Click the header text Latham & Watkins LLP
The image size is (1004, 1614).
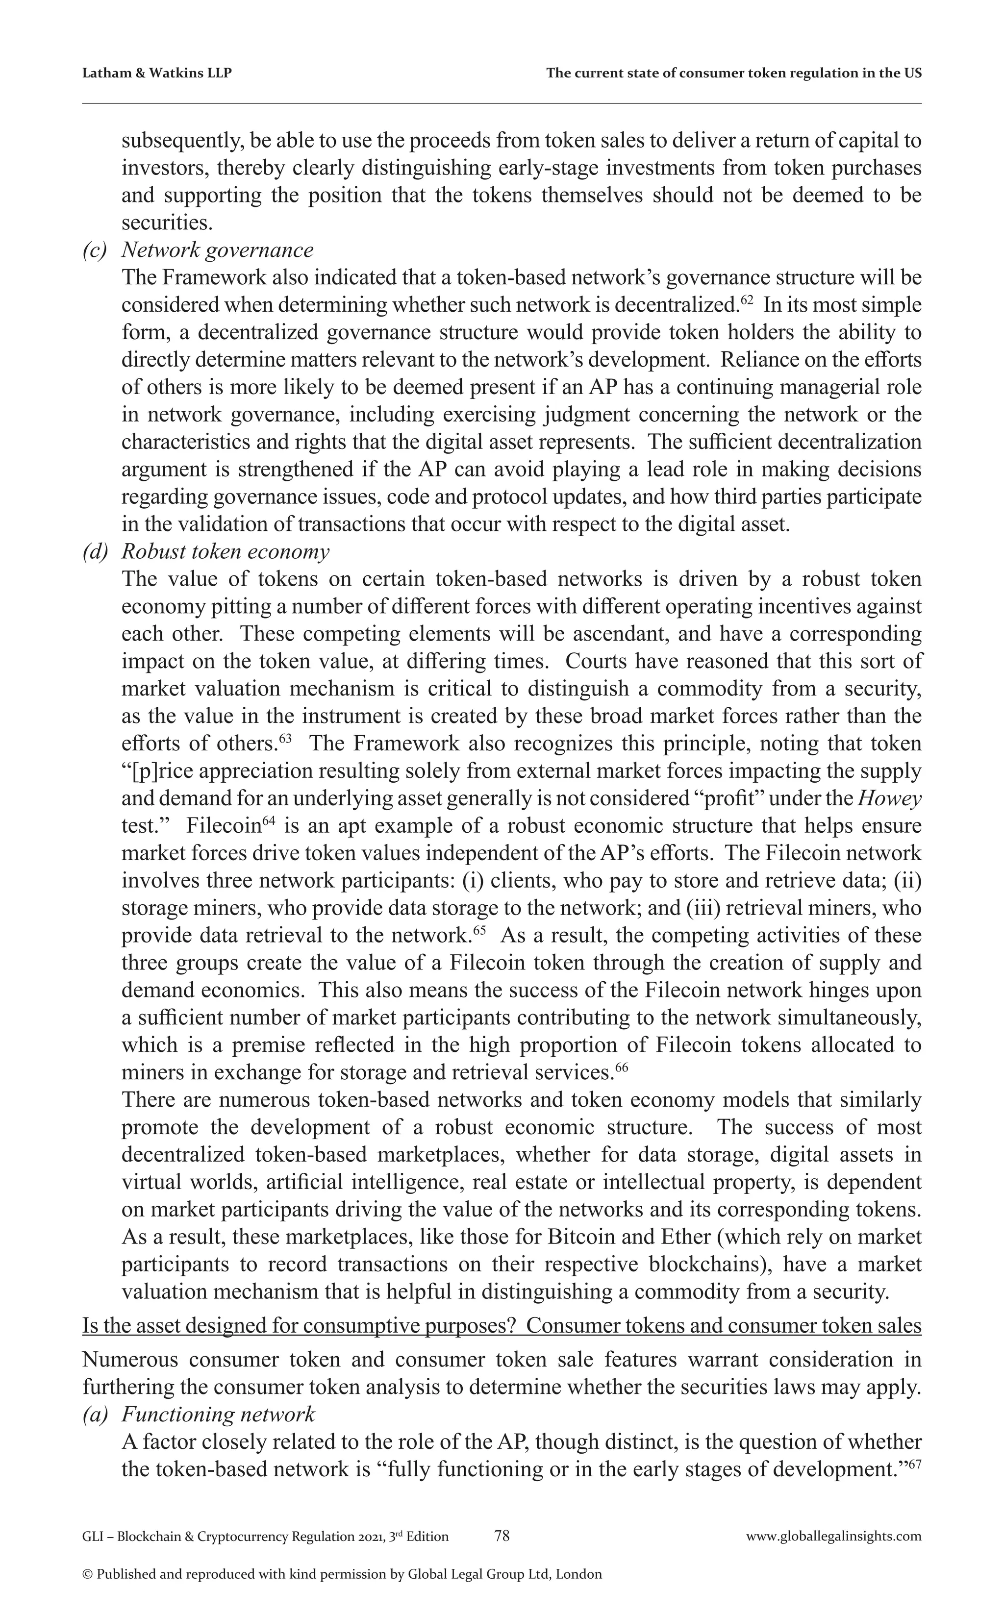click(157, 73)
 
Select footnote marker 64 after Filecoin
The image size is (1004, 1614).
click(268, 821)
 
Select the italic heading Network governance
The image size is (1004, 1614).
click(217, 250)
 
